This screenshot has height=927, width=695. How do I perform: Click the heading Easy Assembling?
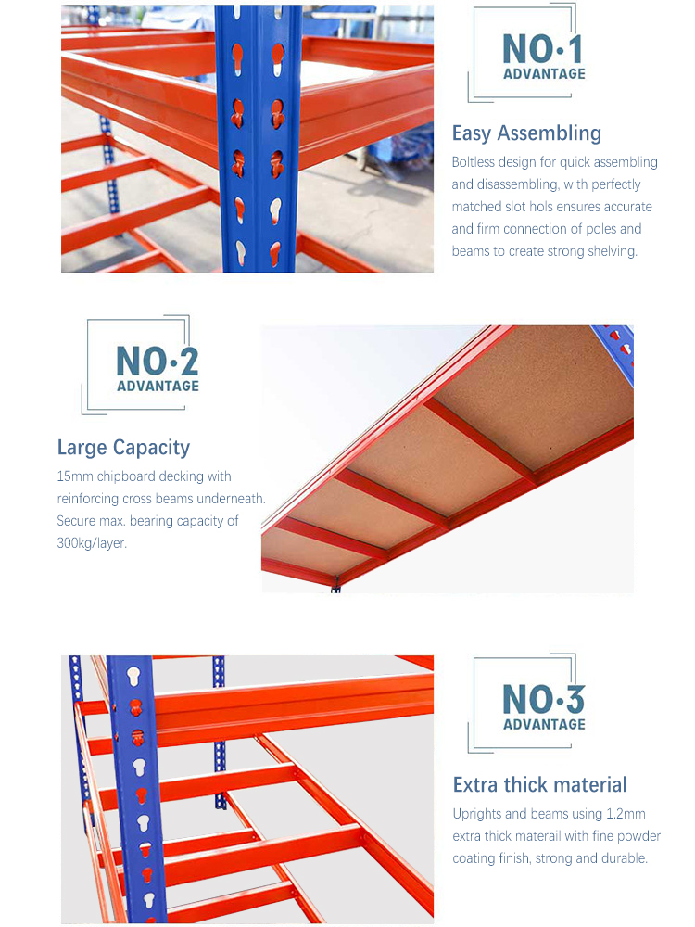pos(526,133)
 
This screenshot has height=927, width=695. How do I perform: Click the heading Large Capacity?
pos(123,448)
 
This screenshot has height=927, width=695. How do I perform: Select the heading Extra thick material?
pos(539,785)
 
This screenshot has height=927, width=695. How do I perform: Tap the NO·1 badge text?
pos(543,50)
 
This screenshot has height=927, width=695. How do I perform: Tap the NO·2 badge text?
pos(158,362)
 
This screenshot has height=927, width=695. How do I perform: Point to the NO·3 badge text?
pos(543,700)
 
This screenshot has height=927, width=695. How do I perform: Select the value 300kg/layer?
pos(92,543)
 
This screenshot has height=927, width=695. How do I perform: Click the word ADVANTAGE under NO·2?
pos(158,386)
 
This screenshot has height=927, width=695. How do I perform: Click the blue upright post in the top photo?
pos(259,139)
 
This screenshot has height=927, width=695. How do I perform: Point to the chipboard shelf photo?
pos(448,459)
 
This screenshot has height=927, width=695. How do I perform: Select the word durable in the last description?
pos(622,858)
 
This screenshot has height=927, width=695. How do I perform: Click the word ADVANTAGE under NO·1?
pos(544,74)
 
